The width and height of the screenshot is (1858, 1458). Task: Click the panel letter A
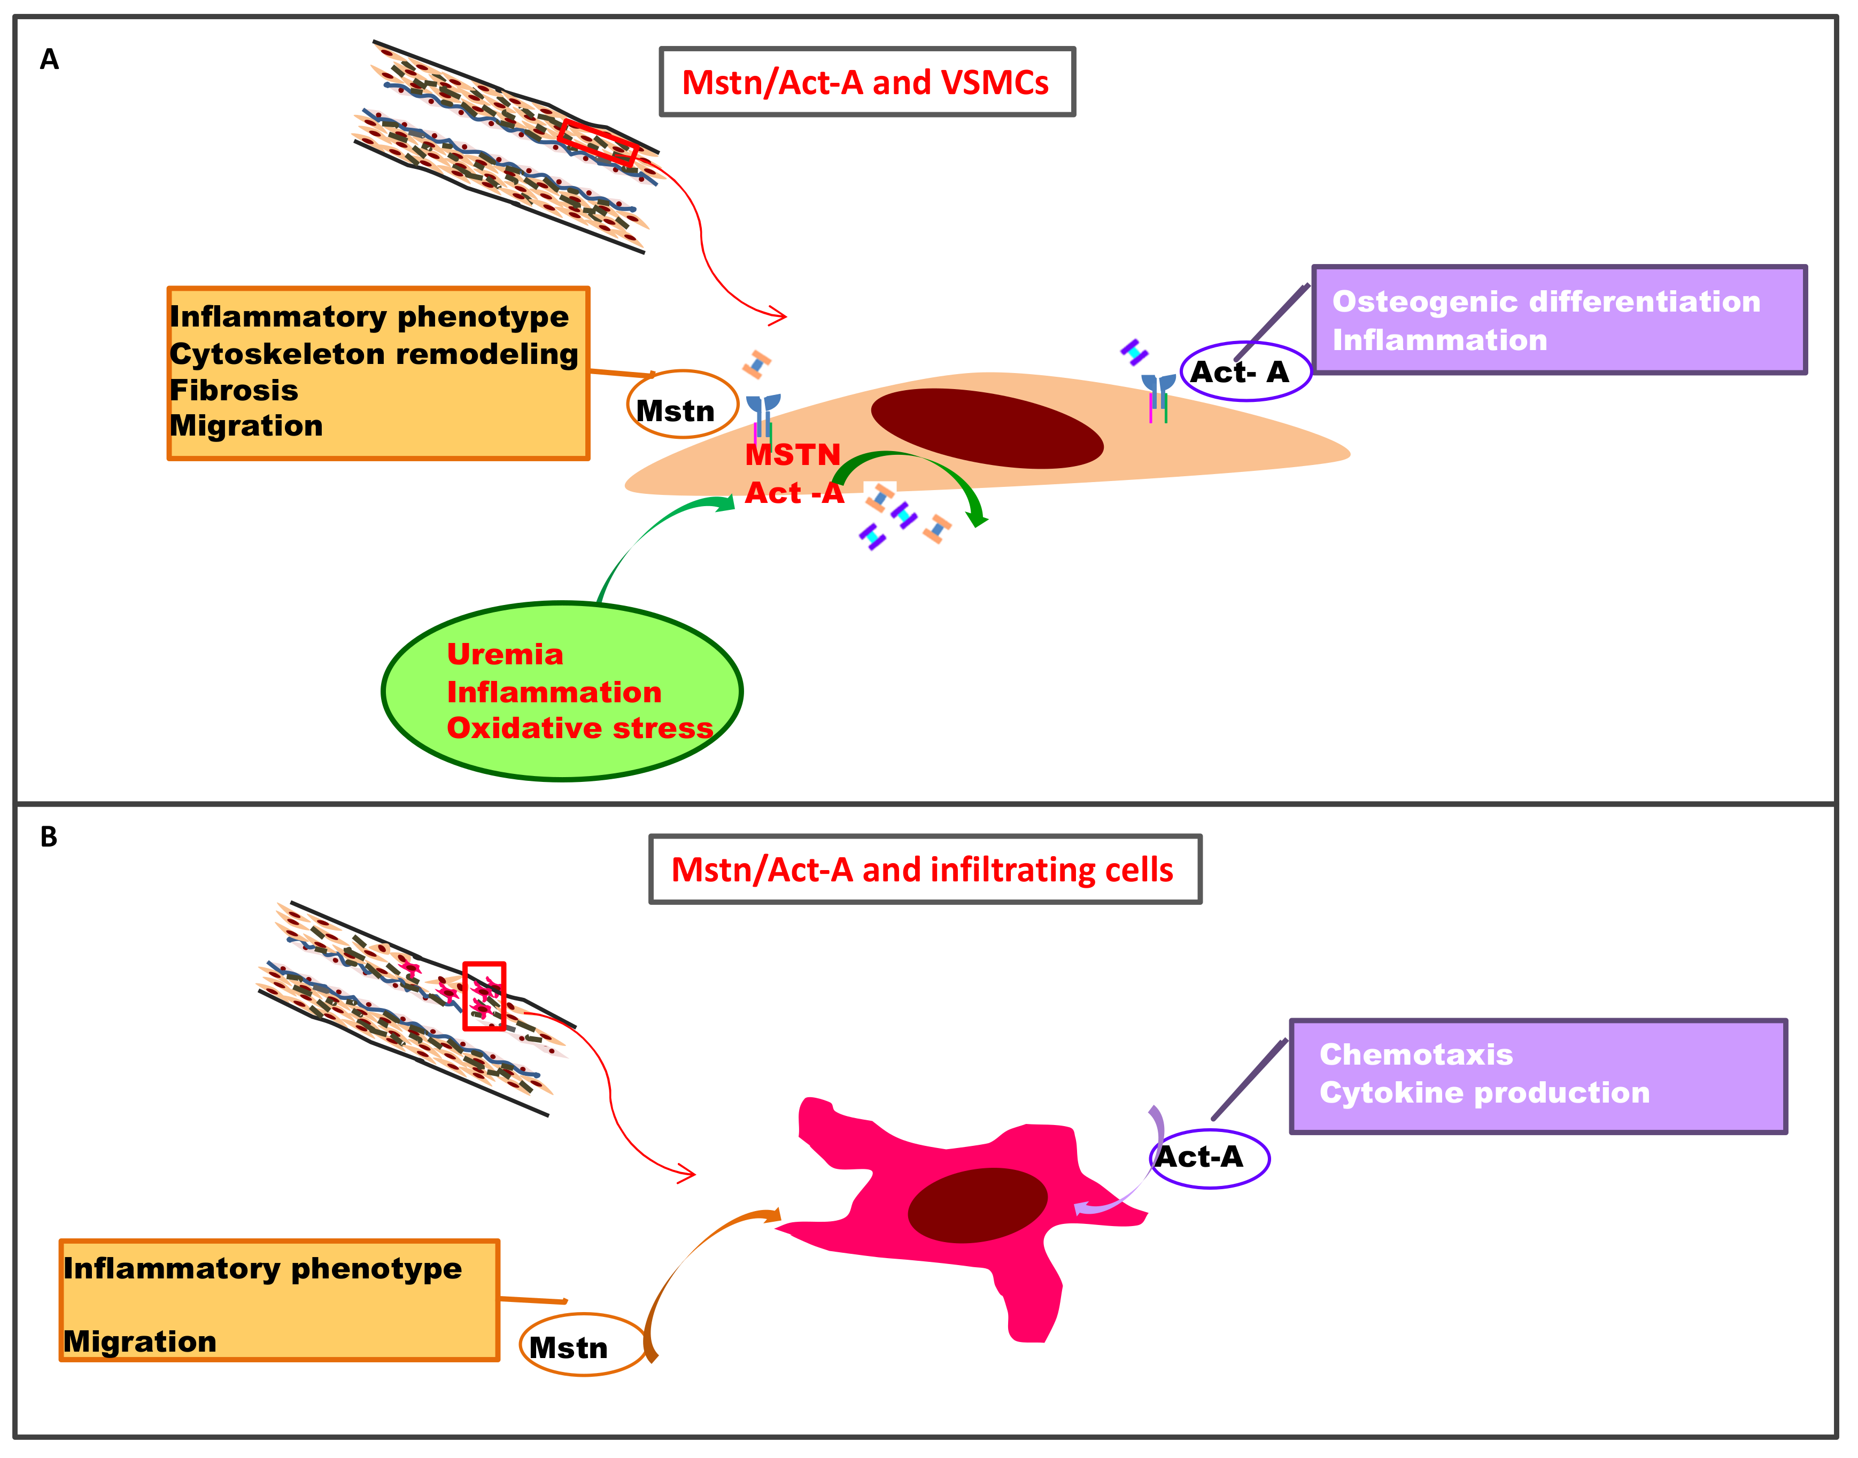50,59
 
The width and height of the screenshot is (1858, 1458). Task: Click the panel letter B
49,836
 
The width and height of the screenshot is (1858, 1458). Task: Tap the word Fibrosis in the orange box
234,390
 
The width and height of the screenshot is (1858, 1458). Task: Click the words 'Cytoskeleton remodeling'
374,353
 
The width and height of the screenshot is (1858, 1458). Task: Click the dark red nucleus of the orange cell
987,429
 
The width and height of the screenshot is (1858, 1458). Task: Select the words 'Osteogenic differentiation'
1546,301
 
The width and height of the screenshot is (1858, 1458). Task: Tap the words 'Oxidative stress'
580,727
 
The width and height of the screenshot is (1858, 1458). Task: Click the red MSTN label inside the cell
792,454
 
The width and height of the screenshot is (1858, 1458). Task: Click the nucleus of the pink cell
978,1205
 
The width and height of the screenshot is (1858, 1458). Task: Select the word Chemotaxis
1416,1054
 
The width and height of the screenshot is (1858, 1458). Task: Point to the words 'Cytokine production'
1484,1092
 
